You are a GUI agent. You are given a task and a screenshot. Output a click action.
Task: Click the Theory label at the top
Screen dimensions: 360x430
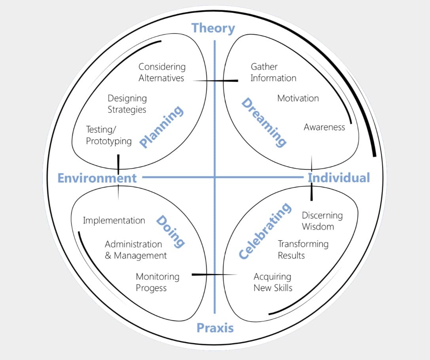click(213, 28)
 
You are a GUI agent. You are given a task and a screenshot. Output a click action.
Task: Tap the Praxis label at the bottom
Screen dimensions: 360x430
click(215, 328)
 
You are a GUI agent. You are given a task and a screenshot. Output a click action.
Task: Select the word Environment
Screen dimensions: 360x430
click(97, 178)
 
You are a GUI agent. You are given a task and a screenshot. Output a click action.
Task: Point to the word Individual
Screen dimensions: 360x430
click(339, 177)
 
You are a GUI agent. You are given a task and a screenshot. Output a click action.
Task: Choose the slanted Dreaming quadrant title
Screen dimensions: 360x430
click(264, 122)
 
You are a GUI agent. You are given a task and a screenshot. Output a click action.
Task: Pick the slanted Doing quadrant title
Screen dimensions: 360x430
click(170, 231)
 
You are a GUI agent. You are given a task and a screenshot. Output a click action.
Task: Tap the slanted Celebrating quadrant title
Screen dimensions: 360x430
click(265, 230)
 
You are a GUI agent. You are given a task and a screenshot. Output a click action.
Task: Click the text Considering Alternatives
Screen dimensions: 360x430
click(161, 72)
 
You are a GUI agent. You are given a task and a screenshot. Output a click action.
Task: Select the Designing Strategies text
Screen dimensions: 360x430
click(127, 104)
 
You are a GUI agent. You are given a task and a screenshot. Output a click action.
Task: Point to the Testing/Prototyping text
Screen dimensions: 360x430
click(109, 135)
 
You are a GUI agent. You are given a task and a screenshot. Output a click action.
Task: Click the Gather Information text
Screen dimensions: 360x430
click(273, 72)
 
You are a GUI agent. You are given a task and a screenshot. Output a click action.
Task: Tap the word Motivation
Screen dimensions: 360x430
click(298, 98)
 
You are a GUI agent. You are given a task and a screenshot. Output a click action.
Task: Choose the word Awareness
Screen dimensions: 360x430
click(324, 127)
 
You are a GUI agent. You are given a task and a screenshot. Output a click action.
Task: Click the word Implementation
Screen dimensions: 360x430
click(114, 221)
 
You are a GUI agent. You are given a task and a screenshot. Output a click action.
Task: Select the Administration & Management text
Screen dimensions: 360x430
click(135, 250)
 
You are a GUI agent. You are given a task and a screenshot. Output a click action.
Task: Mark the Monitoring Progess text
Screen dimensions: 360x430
click(157, 282)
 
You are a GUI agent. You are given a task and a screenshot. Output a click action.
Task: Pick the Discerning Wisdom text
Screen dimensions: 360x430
click(322, 221)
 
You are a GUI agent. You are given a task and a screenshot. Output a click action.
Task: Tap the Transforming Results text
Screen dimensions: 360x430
click(303, 250)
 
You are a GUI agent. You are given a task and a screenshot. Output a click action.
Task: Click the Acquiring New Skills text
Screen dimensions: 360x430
click(273, 282)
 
